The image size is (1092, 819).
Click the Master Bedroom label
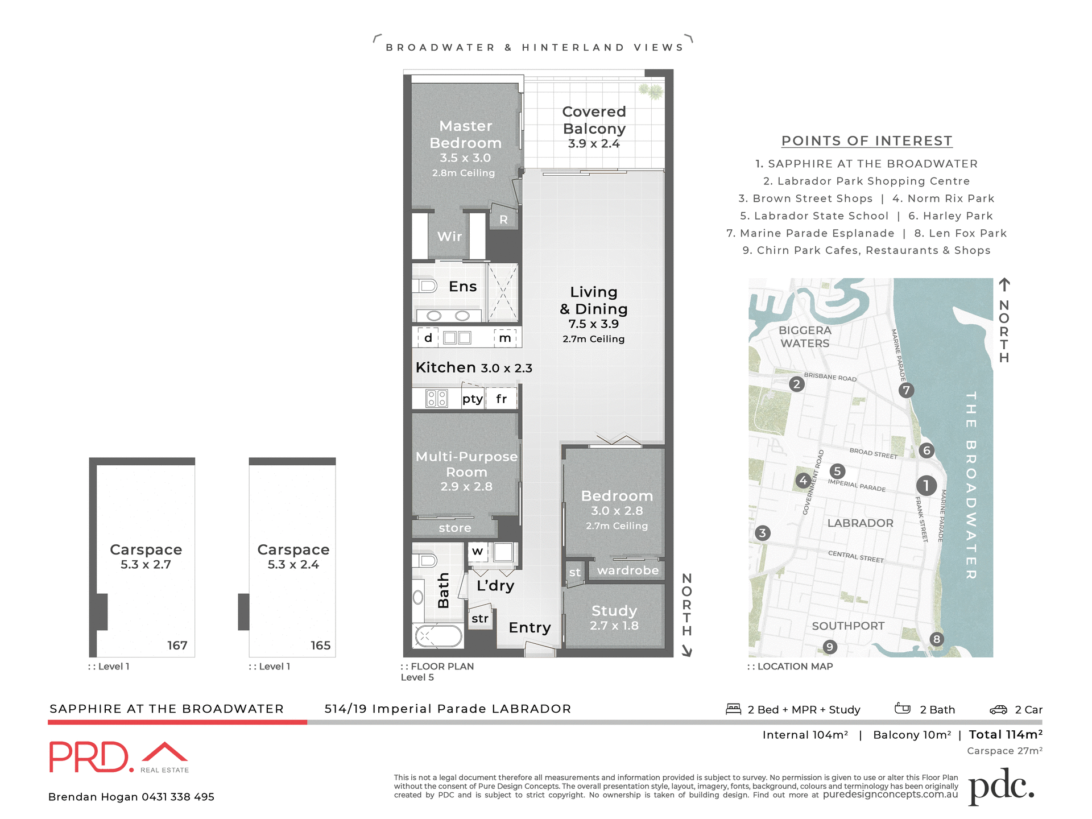[465, 134]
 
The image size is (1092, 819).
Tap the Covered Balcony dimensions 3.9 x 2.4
[594, 144]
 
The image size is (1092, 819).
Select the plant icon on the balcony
[651, 90]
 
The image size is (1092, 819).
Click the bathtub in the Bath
[439, 636]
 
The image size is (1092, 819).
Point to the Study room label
[614, 611]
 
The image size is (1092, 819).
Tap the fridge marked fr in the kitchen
[501, 399]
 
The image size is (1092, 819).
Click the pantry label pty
[472, 399]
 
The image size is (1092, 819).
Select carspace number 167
[177, 646]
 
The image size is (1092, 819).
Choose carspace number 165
[320, 646]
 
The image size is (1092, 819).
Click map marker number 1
[926, 485]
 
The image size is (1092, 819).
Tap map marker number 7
[906, 390]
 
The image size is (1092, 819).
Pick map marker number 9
[830, 647]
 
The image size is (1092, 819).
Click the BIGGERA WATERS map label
[805, 337]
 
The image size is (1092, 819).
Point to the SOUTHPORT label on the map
[848, 626]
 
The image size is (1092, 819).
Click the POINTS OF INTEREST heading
[867, 140]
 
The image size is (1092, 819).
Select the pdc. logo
[1001, 787]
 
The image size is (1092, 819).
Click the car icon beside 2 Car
[998, 709]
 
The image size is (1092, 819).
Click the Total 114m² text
[1006, 735]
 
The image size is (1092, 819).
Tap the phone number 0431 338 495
[177, 797]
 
